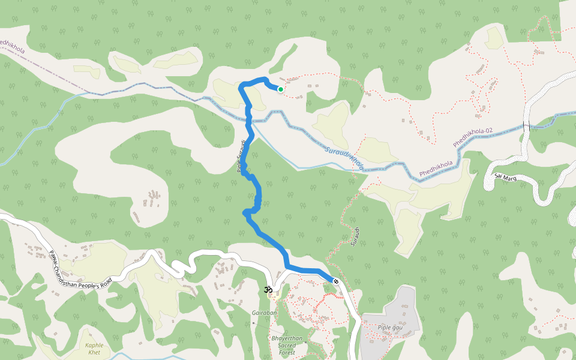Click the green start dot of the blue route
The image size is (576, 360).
(280, 89)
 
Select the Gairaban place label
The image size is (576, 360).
(265, 313)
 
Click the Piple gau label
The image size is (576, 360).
(390, 327)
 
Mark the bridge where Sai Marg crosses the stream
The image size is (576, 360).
(527, 125)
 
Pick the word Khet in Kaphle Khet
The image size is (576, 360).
(94, 352)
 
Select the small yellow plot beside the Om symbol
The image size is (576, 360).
(274, 296)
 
